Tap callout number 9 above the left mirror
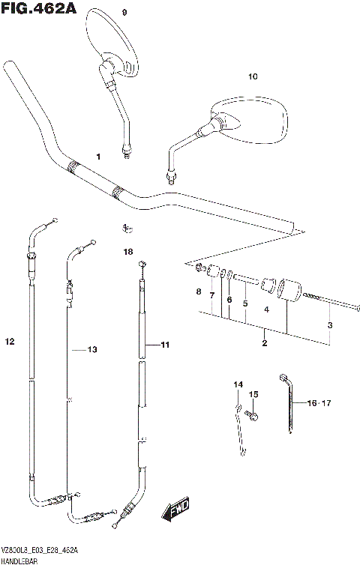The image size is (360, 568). pos(124,13)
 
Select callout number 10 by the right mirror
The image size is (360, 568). pos(252,76)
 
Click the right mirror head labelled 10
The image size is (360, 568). pos(251,120)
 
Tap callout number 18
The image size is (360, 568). pos(127,252)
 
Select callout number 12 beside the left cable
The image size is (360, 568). pos(9,342)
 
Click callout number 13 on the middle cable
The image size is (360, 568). pos(92,349)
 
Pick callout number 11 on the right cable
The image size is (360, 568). pos(165,345)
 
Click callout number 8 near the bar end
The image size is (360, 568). pos(198,291)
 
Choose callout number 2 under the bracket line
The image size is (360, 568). pos(264,343)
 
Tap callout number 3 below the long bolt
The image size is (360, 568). pos(328,324)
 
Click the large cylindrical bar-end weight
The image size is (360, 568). pos(288,291)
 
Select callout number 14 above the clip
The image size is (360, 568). pos(238,384)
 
